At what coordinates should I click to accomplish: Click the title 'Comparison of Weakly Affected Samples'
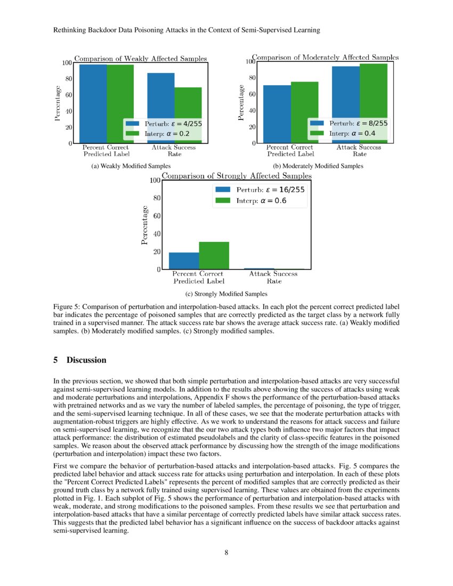tap(140, 58)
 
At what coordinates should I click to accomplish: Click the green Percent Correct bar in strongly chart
tap(214, 255)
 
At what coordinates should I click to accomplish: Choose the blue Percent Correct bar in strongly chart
tap(184, 261)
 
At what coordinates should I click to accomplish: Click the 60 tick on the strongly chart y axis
tap(157, 216)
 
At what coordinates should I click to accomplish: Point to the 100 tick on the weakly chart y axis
tap(67, 63)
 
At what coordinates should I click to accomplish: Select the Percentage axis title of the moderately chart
tap(242, 102)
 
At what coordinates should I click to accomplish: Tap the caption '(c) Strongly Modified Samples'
tap(226, 294)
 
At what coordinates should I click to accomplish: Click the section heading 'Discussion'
tap(86, 360)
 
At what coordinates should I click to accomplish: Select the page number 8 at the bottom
tap(226, 552)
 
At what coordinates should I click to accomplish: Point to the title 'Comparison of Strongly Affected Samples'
tap(237, 175)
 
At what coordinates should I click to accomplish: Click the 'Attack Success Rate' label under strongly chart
tap(273, 277)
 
